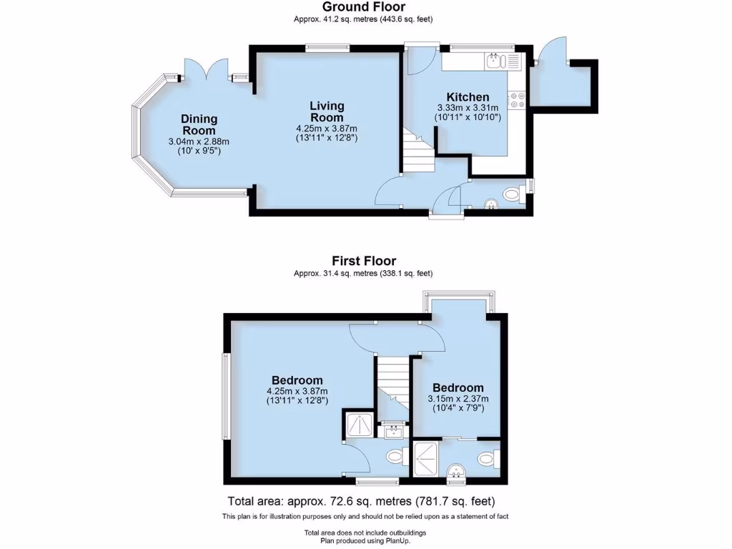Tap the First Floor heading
363,261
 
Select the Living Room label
327,112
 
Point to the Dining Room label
199,125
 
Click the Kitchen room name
468,97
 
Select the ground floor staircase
417,150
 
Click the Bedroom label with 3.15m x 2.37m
457,387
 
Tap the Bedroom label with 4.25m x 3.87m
297,380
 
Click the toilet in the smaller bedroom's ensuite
488,457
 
